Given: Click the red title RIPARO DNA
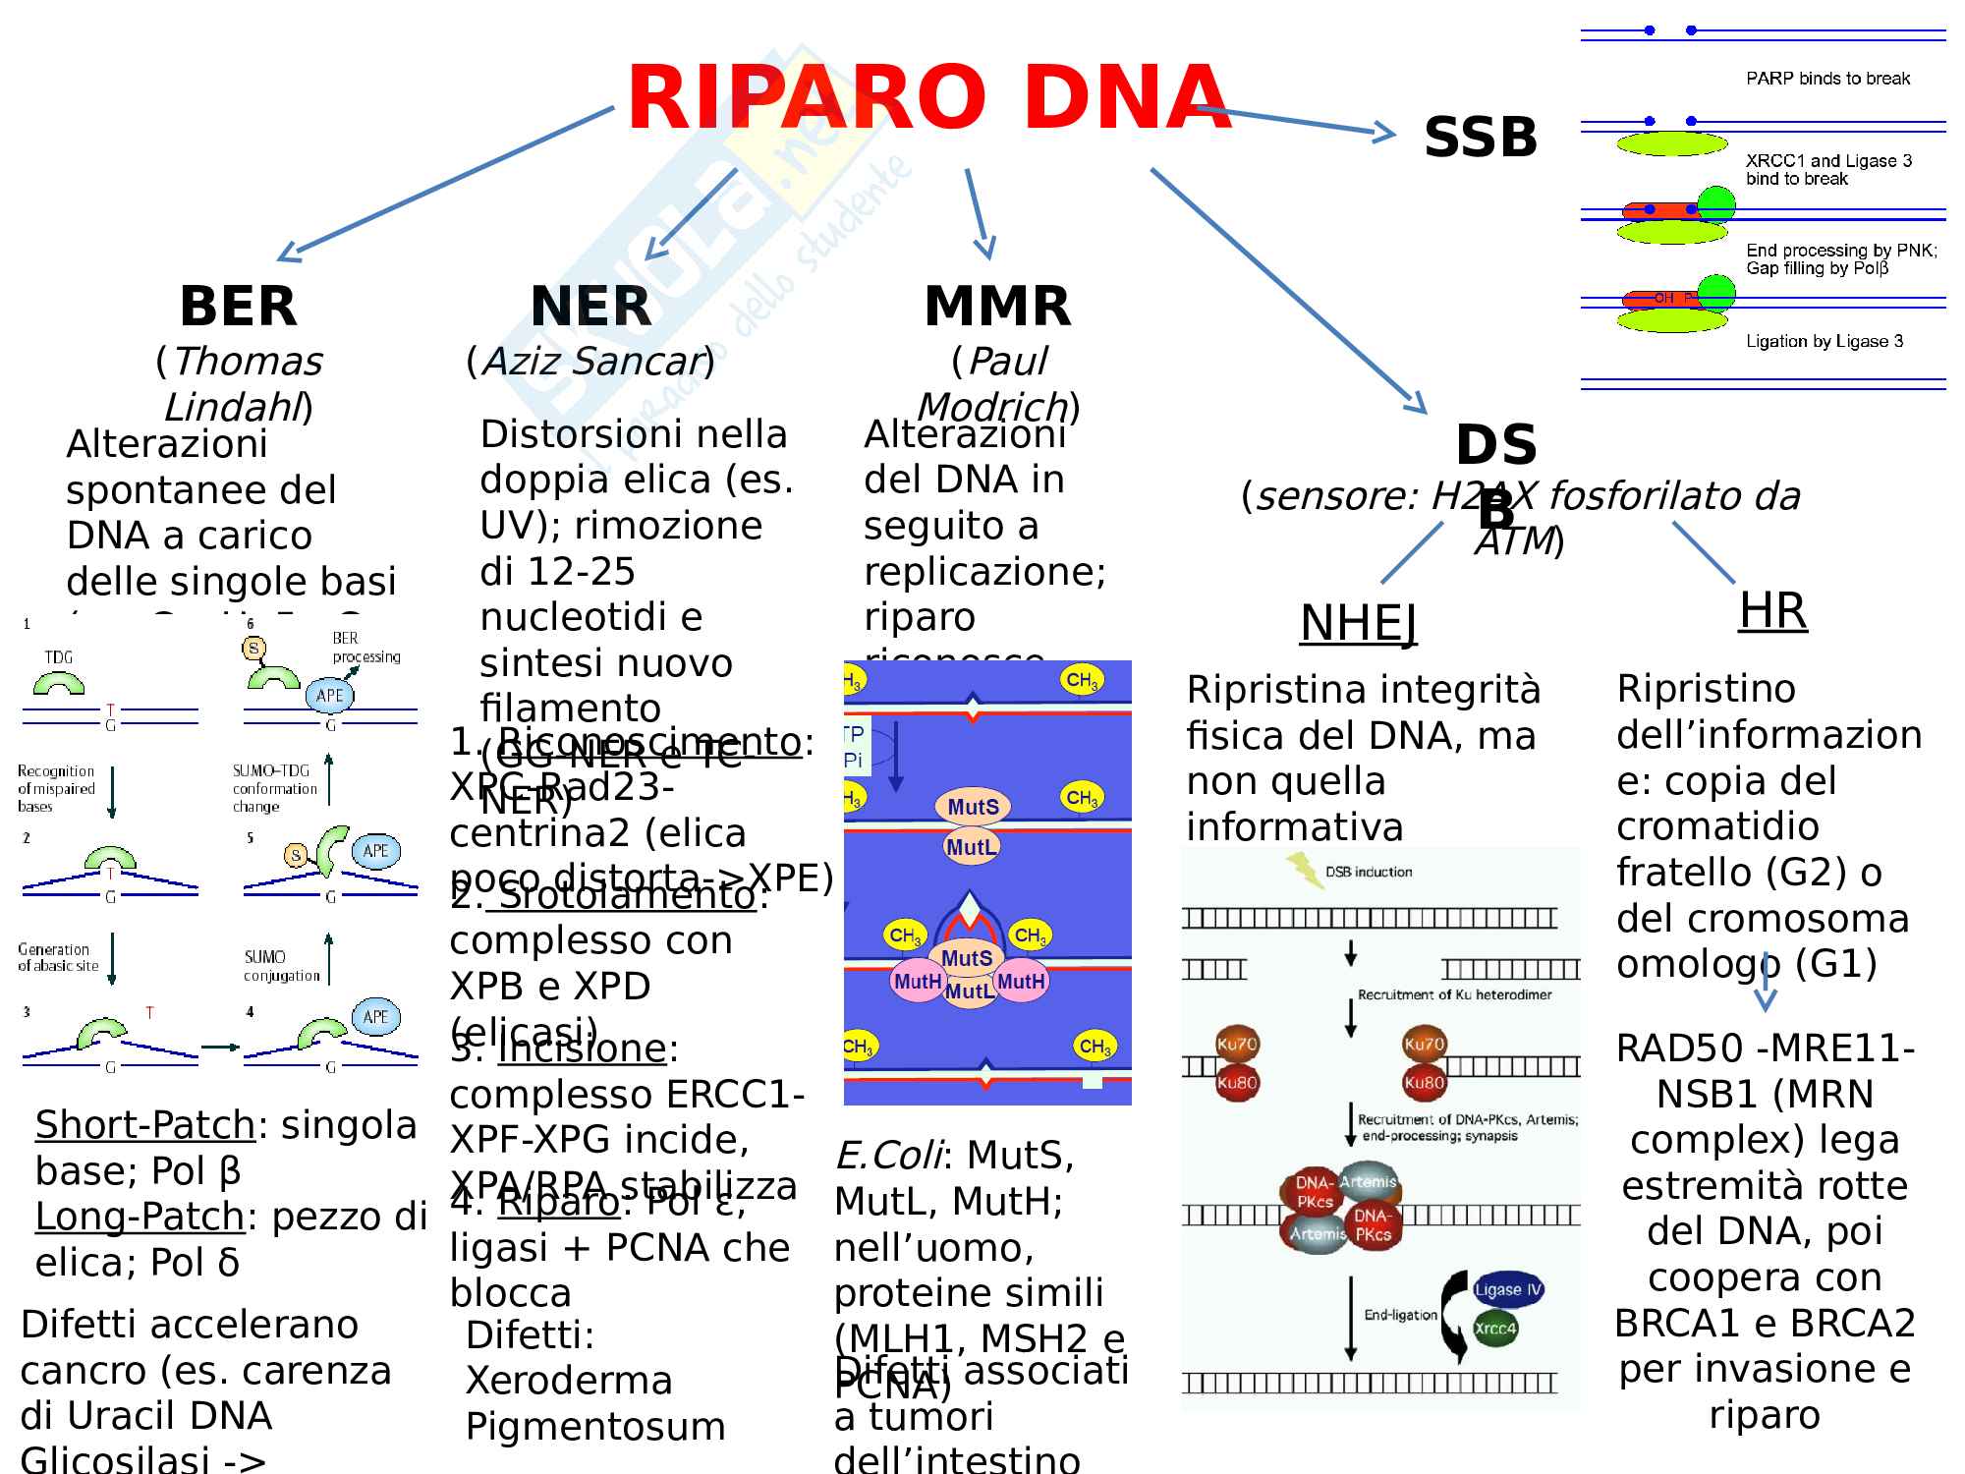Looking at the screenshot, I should coord(927,98).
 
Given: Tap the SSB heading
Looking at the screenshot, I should coord(1480,138).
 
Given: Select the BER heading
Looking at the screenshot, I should coord(238,307).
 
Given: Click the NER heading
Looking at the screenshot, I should coord(590,307).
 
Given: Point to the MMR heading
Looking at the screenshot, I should coord(997,307).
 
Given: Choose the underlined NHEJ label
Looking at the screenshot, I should coord(1359,623).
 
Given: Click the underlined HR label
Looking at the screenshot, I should coord(1772,610).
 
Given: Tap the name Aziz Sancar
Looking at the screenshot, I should coord(590,362).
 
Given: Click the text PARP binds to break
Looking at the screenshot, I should coord(1827,79).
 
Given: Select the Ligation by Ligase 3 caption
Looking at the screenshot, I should coord(1825,342).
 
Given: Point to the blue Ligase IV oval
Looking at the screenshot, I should coord(1508,1289).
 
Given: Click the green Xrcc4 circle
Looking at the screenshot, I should coord(1495,1329).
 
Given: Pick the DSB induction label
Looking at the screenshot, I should coord(1369,872).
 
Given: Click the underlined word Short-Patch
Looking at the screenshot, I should coord(145,1126).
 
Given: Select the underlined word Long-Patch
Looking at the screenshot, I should coord(140,1218).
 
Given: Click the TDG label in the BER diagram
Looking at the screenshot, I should coord(59,657).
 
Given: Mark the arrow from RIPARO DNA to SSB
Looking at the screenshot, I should coord(1297,120).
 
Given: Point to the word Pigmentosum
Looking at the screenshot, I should coord(595,1427).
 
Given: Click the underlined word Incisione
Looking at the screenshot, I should coord(582,1049).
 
